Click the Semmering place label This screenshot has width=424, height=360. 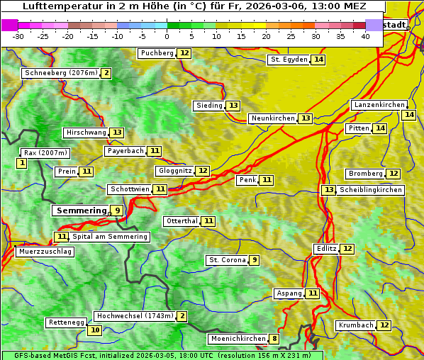tap(80, 210)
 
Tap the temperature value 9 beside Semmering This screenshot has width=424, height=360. tap(117, 210)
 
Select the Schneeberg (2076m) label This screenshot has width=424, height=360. tap(60, 73)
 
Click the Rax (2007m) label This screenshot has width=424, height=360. tap(45, 152)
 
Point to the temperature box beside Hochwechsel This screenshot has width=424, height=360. tap(182, 316)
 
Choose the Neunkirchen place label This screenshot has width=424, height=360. tap(273, 118)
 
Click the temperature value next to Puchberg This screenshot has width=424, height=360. tap(184, 53)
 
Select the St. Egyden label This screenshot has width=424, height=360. tap(289, 60)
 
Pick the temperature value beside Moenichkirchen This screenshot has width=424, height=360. tap(274, 339)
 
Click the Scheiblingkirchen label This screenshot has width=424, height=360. tap(370, 190)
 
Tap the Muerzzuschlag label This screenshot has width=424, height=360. tap(44, 252)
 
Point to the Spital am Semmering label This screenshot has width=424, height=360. tap(109, 237)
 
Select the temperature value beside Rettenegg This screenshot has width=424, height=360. tap(94, 330)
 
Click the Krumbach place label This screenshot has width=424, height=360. tap(356, 325)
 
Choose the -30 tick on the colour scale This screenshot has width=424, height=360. tap(18, 36)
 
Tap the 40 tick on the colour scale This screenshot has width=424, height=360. tap(365, 36)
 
